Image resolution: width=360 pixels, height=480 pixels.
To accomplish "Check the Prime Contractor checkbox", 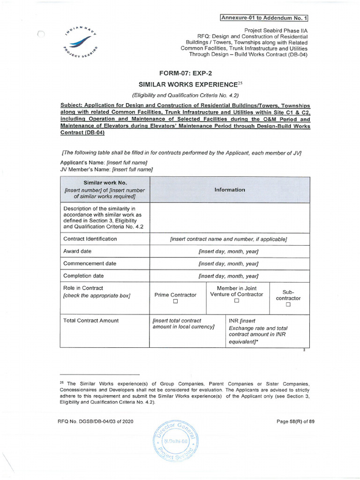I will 175,303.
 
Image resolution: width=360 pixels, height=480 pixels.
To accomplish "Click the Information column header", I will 229,190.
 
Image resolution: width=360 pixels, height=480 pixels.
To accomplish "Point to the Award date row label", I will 77,252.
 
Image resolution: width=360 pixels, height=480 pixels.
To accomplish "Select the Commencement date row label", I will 90,263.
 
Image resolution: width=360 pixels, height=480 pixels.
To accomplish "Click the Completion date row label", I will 83,276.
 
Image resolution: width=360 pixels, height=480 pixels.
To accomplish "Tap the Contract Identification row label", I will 90,239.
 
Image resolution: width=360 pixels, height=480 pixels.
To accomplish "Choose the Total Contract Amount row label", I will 91,321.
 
